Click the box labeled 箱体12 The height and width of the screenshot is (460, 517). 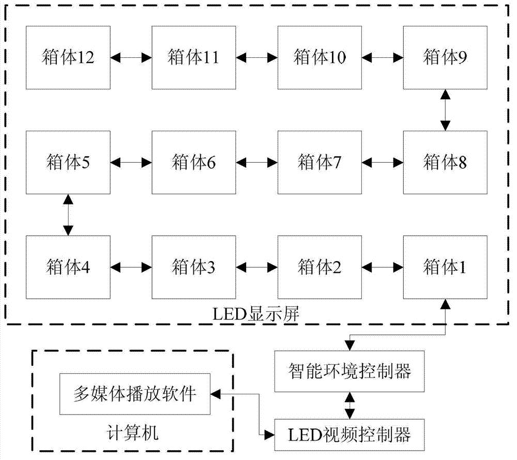[68, 57]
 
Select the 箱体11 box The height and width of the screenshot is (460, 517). [193, 57]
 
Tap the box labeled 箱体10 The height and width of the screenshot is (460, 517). [320, 57]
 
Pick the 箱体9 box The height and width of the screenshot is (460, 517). [445, 57]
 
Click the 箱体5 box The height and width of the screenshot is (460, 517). [68, 162]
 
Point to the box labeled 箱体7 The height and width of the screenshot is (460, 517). [320, 162]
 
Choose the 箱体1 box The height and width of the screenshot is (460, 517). [445, 267]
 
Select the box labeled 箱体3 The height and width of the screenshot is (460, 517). [193, 267]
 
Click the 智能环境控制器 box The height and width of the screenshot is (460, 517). [351, 371]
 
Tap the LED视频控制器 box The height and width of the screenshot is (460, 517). [351, 434]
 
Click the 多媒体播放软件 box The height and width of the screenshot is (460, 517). [135, 394]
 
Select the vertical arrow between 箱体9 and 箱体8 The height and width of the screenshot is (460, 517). [445, 110]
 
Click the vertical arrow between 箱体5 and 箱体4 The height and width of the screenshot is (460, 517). [68, 215]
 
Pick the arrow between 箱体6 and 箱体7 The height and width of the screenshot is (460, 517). [256, 163]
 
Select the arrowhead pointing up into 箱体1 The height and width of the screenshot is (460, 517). [445, 303]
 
